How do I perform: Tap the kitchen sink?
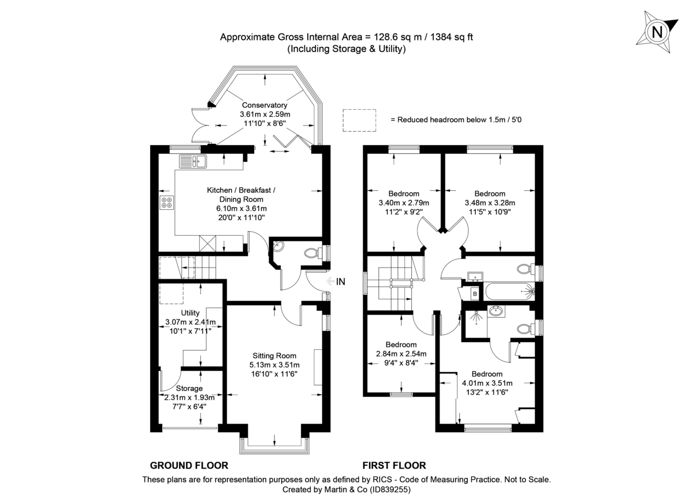point(193,161)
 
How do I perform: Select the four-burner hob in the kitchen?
point(167,203)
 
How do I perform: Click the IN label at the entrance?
point(341,282)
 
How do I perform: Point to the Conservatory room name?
point(264,105)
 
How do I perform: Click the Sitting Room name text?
point(274,355)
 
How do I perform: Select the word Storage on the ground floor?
point(189,388)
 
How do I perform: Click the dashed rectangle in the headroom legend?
point(360,120)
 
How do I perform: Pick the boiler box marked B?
point(475,294)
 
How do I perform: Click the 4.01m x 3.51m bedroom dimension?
point(487,383)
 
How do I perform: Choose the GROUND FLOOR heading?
point(189,465)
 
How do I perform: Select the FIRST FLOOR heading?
point(394,465)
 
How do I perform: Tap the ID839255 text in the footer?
point(385,489)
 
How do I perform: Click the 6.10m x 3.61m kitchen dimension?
point(242,208)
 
